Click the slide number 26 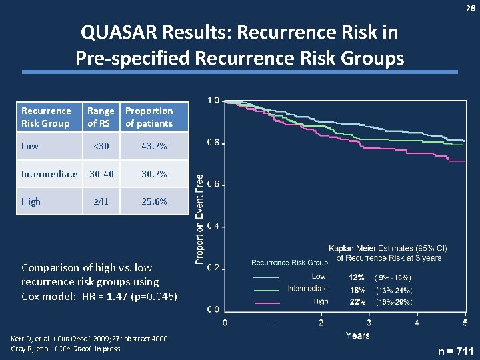(x=470, y=8)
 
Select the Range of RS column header (x=101, y=117)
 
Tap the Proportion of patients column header (x=149, y=117)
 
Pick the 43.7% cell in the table (x=155, y=146)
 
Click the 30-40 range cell (x=101, y=174)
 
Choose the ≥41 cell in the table (x=101, y=201)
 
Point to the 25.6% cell (x=155, y=201)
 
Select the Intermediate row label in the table (x=49, y=174)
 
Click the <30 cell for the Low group (x=101, y=146)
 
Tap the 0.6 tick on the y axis (x=213, y=185)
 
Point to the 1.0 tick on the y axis (x=213, y=101)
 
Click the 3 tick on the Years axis (x=369, y=323)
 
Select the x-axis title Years (x=357, y=335)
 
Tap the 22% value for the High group (x=357, y=301)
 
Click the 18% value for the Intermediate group (x=357, y=289)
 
